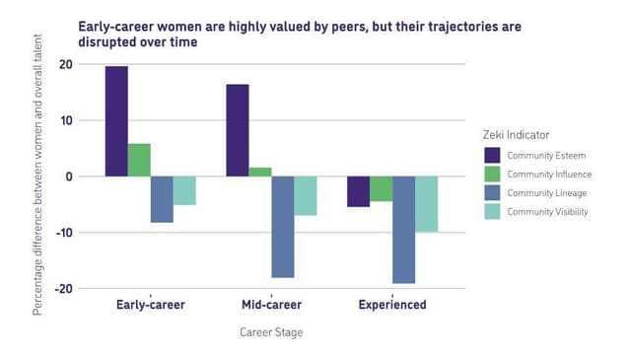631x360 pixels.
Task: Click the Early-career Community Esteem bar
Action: point(116,121)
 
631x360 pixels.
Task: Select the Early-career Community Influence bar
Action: point(139,160)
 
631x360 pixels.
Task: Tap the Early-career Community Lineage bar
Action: point(162,199)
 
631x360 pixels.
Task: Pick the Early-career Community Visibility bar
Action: point(184,190)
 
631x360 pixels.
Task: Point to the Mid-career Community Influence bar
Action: point(260,172)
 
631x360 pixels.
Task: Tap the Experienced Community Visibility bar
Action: point(426,204)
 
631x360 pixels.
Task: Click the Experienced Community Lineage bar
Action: point(403,230)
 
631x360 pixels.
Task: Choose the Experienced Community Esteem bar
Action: point(358,191)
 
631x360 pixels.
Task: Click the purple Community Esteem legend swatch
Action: point(493,155)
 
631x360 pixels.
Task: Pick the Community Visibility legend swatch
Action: point(493,211)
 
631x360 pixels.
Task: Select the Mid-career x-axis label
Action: point(271,305)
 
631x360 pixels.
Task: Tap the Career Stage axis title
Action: point(271,332)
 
